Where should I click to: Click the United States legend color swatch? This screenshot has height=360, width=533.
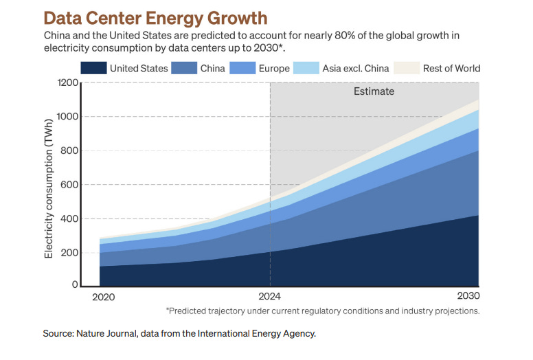coord(93,68)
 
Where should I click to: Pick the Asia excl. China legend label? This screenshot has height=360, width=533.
coord(356,68)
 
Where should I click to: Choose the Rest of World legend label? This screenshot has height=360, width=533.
coord(451,68)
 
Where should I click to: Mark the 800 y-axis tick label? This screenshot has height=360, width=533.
coord(68,151)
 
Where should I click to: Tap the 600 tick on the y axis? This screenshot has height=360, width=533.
coord(68,185)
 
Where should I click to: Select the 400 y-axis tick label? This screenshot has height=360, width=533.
coord(68,219)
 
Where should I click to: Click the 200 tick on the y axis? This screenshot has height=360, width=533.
coord(68,253)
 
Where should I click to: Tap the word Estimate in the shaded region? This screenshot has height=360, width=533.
coord(374,91)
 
